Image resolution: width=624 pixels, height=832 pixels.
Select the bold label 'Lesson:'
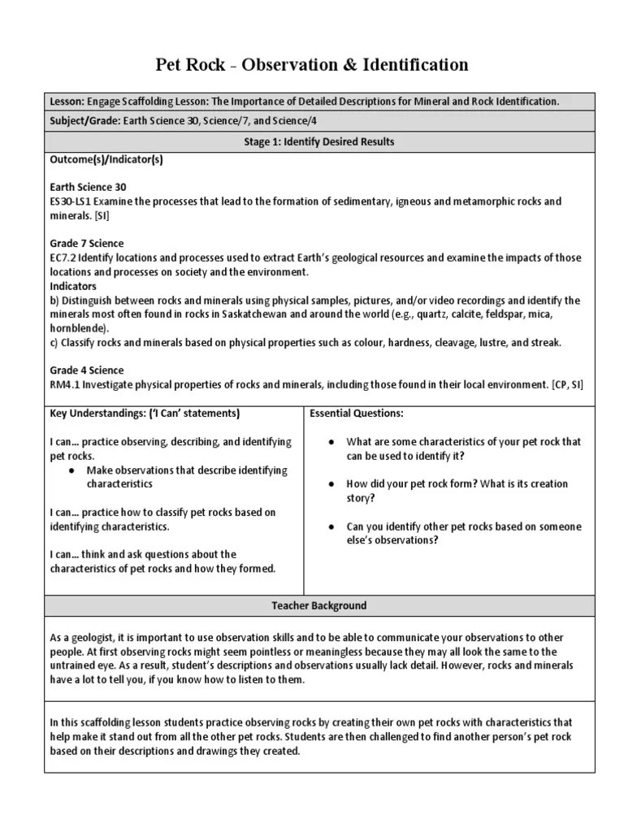(x=67, y=102)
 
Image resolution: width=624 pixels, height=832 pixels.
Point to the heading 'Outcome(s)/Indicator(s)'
(x=106, y=160)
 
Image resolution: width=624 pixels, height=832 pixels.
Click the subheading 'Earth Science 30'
(x=89, y=187)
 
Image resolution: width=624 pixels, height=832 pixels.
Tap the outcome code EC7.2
(x=63, y=258)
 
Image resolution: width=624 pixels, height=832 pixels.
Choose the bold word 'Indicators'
(x=73, y=286)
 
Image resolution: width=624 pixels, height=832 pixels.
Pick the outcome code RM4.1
(x=65, y=384)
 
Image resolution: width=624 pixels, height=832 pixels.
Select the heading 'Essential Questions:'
(x=357, y=414)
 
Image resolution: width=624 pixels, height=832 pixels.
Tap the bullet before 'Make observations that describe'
(x=73, y=470)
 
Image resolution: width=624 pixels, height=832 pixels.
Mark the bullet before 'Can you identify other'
(x=332, y=527)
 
